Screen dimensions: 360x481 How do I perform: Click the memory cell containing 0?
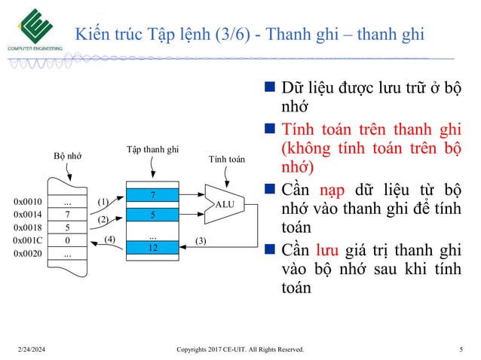click(x=67, y=240)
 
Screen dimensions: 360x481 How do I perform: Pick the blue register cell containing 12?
click(x=153, y=248)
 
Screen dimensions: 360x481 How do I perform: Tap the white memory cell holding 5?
click(x=67, y=227)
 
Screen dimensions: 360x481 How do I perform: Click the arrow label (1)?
click(x=104, y=202)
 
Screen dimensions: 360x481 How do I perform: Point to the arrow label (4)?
click(x=110, y=239)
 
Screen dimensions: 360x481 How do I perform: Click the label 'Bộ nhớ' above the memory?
click(x=67, y=156)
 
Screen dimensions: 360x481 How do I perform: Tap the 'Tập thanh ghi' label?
click(x=152, y=149)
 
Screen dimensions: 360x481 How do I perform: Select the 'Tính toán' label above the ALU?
click(x=226, y=160)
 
